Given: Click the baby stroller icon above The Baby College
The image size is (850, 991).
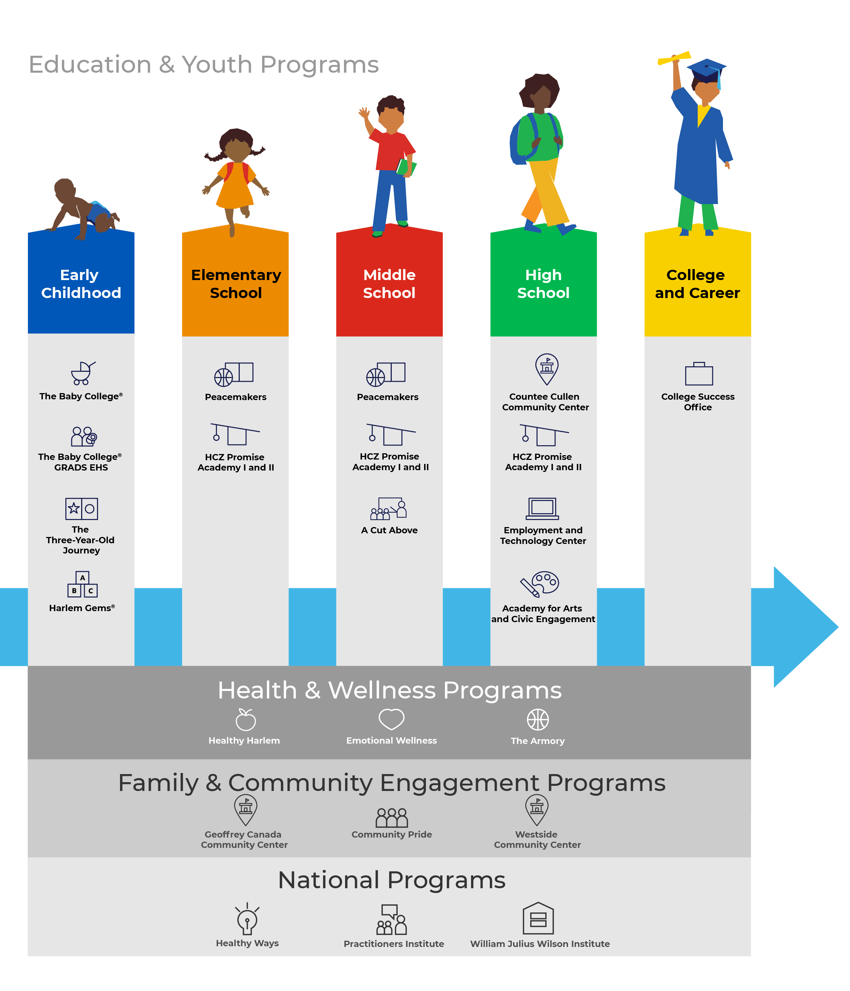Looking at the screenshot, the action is (x=82, y=373).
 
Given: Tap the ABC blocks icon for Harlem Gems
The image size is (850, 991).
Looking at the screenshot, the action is (x=82, y=584).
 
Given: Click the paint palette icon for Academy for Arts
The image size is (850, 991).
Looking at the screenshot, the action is (x=540, y=584).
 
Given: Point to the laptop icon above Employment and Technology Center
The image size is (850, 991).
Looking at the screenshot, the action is (x=542, y=508).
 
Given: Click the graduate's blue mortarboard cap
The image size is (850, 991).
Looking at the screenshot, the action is (x=706, y=68).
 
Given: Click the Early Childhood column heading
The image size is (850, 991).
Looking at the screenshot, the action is (x=81, y=284).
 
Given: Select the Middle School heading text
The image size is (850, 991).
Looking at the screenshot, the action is (x=389, y=284).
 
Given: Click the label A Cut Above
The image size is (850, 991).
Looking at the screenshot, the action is (x=389, y=530).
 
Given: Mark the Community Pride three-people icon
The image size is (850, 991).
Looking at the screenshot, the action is (x=391, y=817).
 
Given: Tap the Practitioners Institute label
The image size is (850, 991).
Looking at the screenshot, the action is (x=393, y=944).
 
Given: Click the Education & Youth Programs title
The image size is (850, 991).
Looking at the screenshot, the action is (x=204, y=65).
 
